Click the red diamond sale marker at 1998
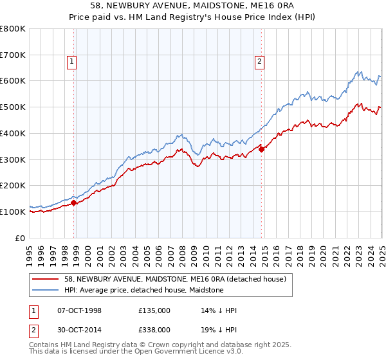(x=74, y=203)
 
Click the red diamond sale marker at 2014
(x=262, y=149)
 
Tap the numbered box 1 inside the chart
(x=71, y=62)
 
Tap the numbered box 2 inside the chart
(x=259, y=62)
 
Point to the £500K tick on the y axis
(x=14, y=107)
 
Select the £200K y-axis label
(x=14, y=185)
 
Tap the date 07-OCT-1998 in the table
(x=80, y=310)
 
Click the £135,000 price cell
(x=154, y=310)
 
